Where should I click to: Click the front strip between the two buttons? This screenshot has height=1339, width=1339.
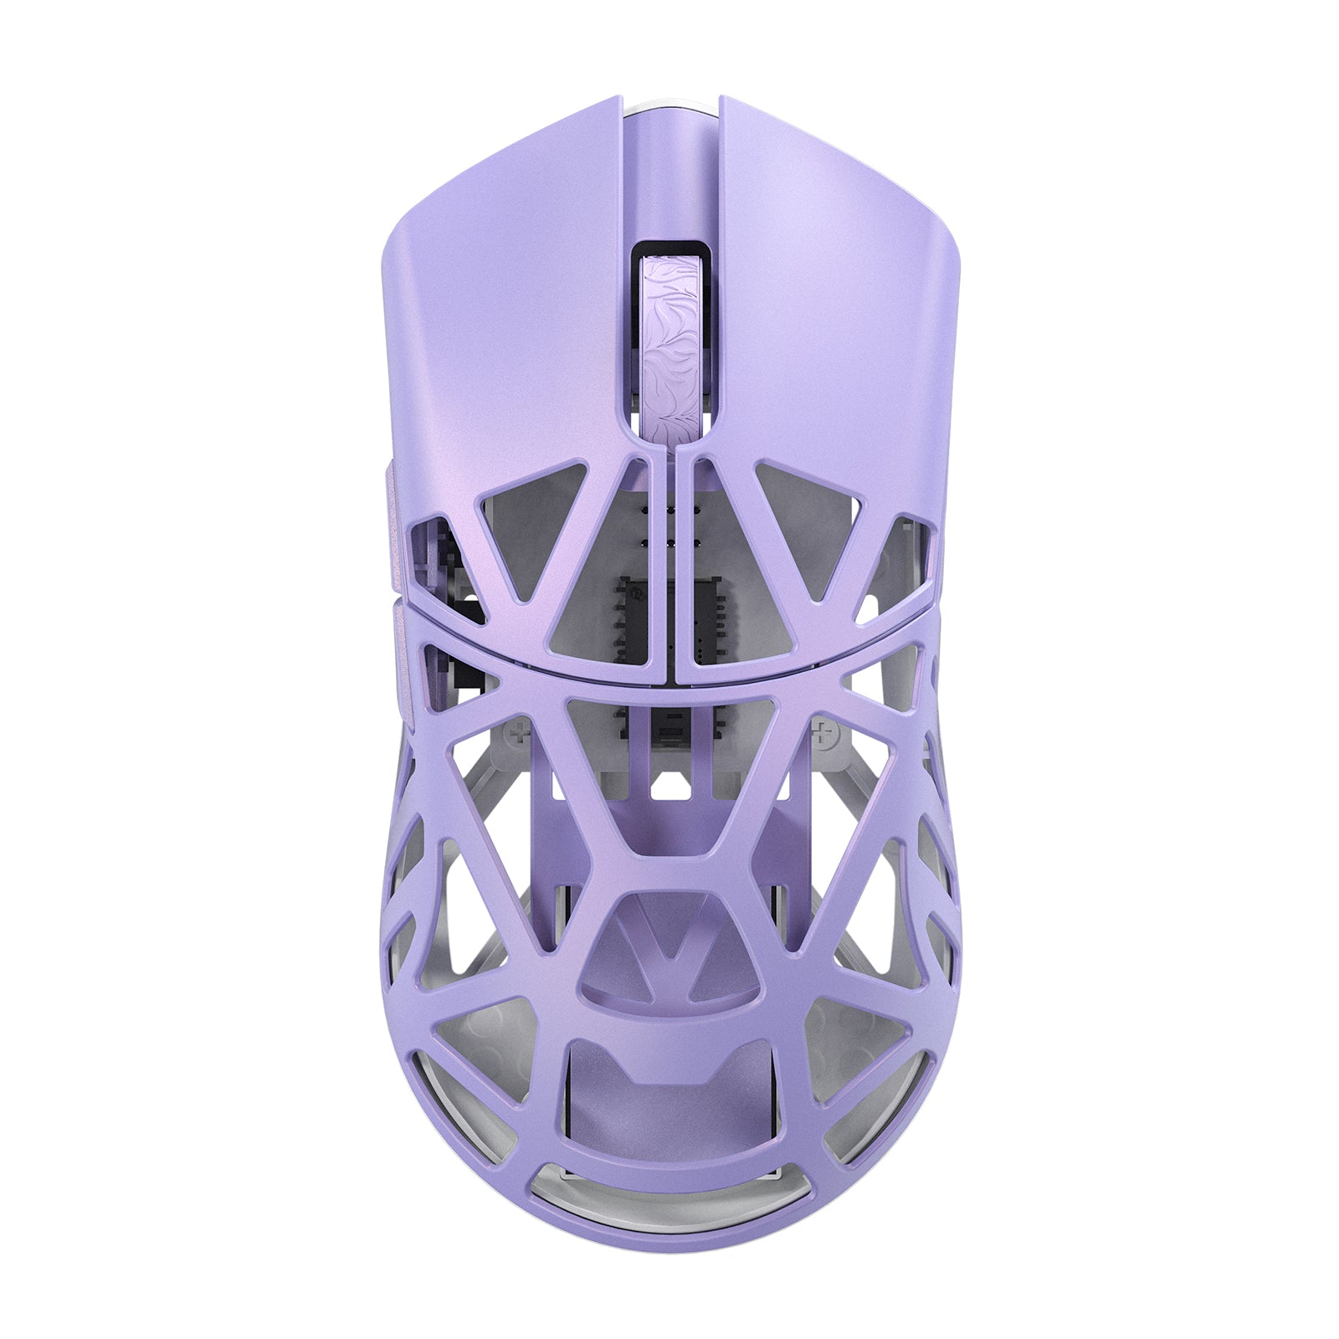pos(669,167)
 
